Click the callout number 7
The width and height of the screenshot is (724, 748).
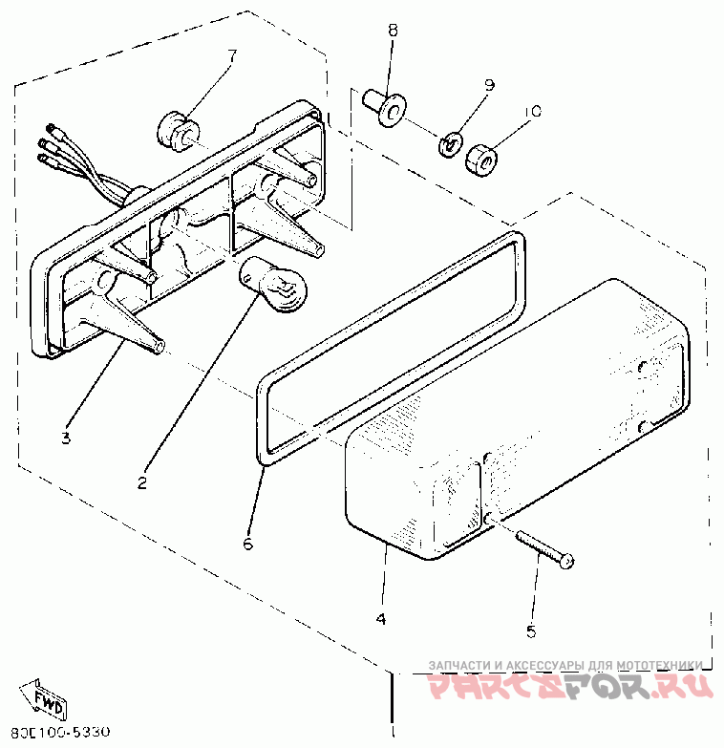(231, 53)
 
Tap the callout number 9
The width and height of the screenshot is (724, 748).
(489, 86)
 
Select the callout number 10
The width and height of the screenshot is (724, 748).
(532, 112)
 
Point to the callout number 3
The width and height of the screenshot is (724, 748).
(66, 438)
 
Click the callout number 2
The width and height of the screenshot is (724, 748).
(141, 482)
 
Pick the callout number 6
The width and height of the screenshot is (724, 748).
(247, 544)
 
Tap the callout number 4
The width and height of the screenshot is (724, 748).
(381, 618)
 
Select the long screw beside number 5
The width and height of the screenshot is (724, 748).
(545, 550)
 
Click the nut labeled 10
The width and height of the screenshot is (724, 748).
(482, 159)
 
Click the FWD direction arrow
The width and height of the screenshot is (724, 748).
(43, 700)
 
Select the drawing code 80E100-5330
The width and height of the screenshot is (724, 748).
(56, 733)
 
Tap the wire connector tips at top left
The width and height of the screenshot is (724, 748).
(48, 143)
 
